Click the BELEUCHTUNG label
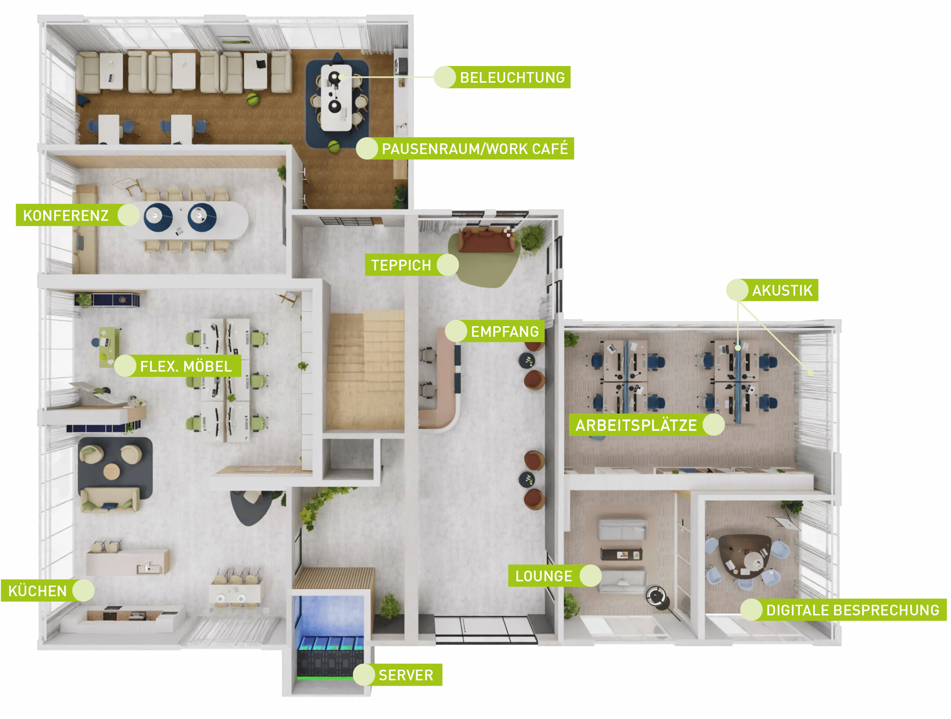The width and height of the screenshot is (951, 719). pos(512,78)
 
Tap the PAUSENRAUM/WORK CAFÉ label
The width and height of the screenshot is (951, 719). pos(475,149)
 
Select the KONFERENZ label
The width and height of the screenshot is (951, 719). pos(66,215)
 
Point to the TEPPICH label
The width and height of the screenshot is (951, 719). pos(401,265)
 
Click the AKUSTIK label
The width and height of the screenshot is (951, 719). pos(782,290)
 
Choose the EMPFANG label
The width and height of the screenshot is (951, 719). pos(505,331)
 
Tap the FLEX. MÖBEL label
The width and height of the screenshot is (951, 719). pos(186,366)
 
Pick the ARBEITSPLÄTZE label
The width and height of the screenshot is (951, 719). pos(636,425)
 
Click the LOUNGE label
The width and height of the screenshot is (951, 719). pos(544,576)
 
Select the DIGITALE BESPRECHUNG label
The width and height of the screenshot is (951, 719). pos(853,610)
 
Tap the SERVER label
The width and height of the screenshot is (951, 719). pos(406,675)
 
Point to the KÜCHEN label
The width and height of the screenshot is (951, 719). pos(38,591)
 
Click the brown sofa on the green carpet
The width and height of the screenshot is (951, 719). pos(486,240)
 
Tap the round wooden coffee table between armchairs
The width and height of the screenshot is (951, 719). pos(112,471)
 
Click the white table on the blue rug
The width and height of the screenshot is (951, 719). pos(336,98)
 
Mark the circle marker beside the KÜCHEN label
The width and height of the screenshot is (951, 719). pos(83,591)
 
